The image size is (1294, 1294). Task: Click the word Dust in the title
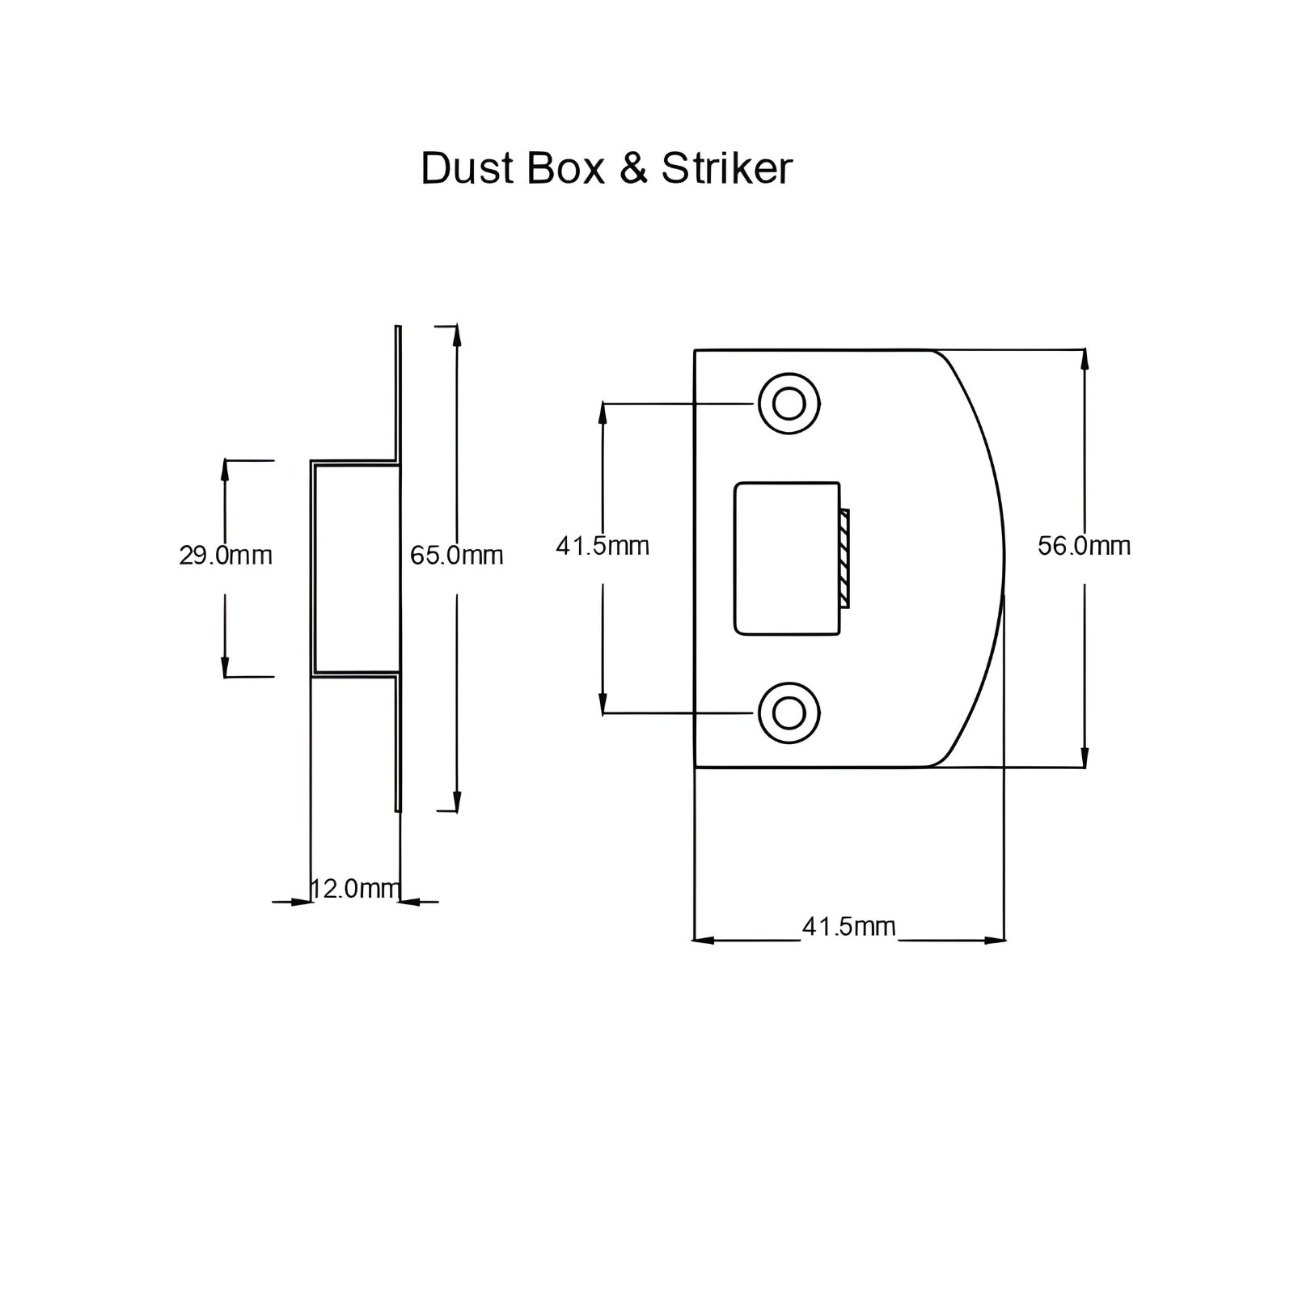click(x=467, y=169)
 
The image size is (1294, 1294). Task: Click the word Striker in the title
click(x=726, y=169)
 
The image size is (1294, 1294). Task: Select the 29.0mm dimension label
click(x=226, y=556)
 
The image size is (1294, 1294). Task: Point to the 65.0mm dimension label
click(x=457, y=556)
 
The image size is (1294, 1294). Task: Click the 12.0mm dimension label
click(x=355, y=889)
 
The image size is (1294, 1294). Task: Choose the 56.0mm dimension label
click(x=1084, y=546)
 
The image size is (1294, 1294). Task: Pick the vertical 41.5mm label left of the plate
click(x=603, y=546)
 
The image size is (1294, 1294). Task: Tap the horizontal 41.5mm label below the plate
click(x=848, y=926)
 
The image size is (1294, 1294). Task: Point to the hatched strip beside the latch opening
click(x=844, y=558)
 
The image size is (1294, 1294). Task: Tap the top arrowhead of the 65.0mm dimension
click(x=457, y=335)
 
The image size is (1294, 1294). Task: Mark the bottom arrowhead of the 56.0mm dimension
click(x=1084, y=758)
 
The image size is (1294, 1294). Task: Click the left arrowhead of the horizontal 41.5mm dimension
click(x=704, y=941)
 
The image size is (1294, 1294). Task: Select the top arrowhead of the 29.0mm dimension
click(x=226, y=470)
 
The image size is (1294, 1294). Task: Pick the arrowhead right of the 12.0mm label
click(x=409, y=902)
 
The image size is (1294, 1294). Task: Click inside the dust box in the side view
click(x=356, y=568)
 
